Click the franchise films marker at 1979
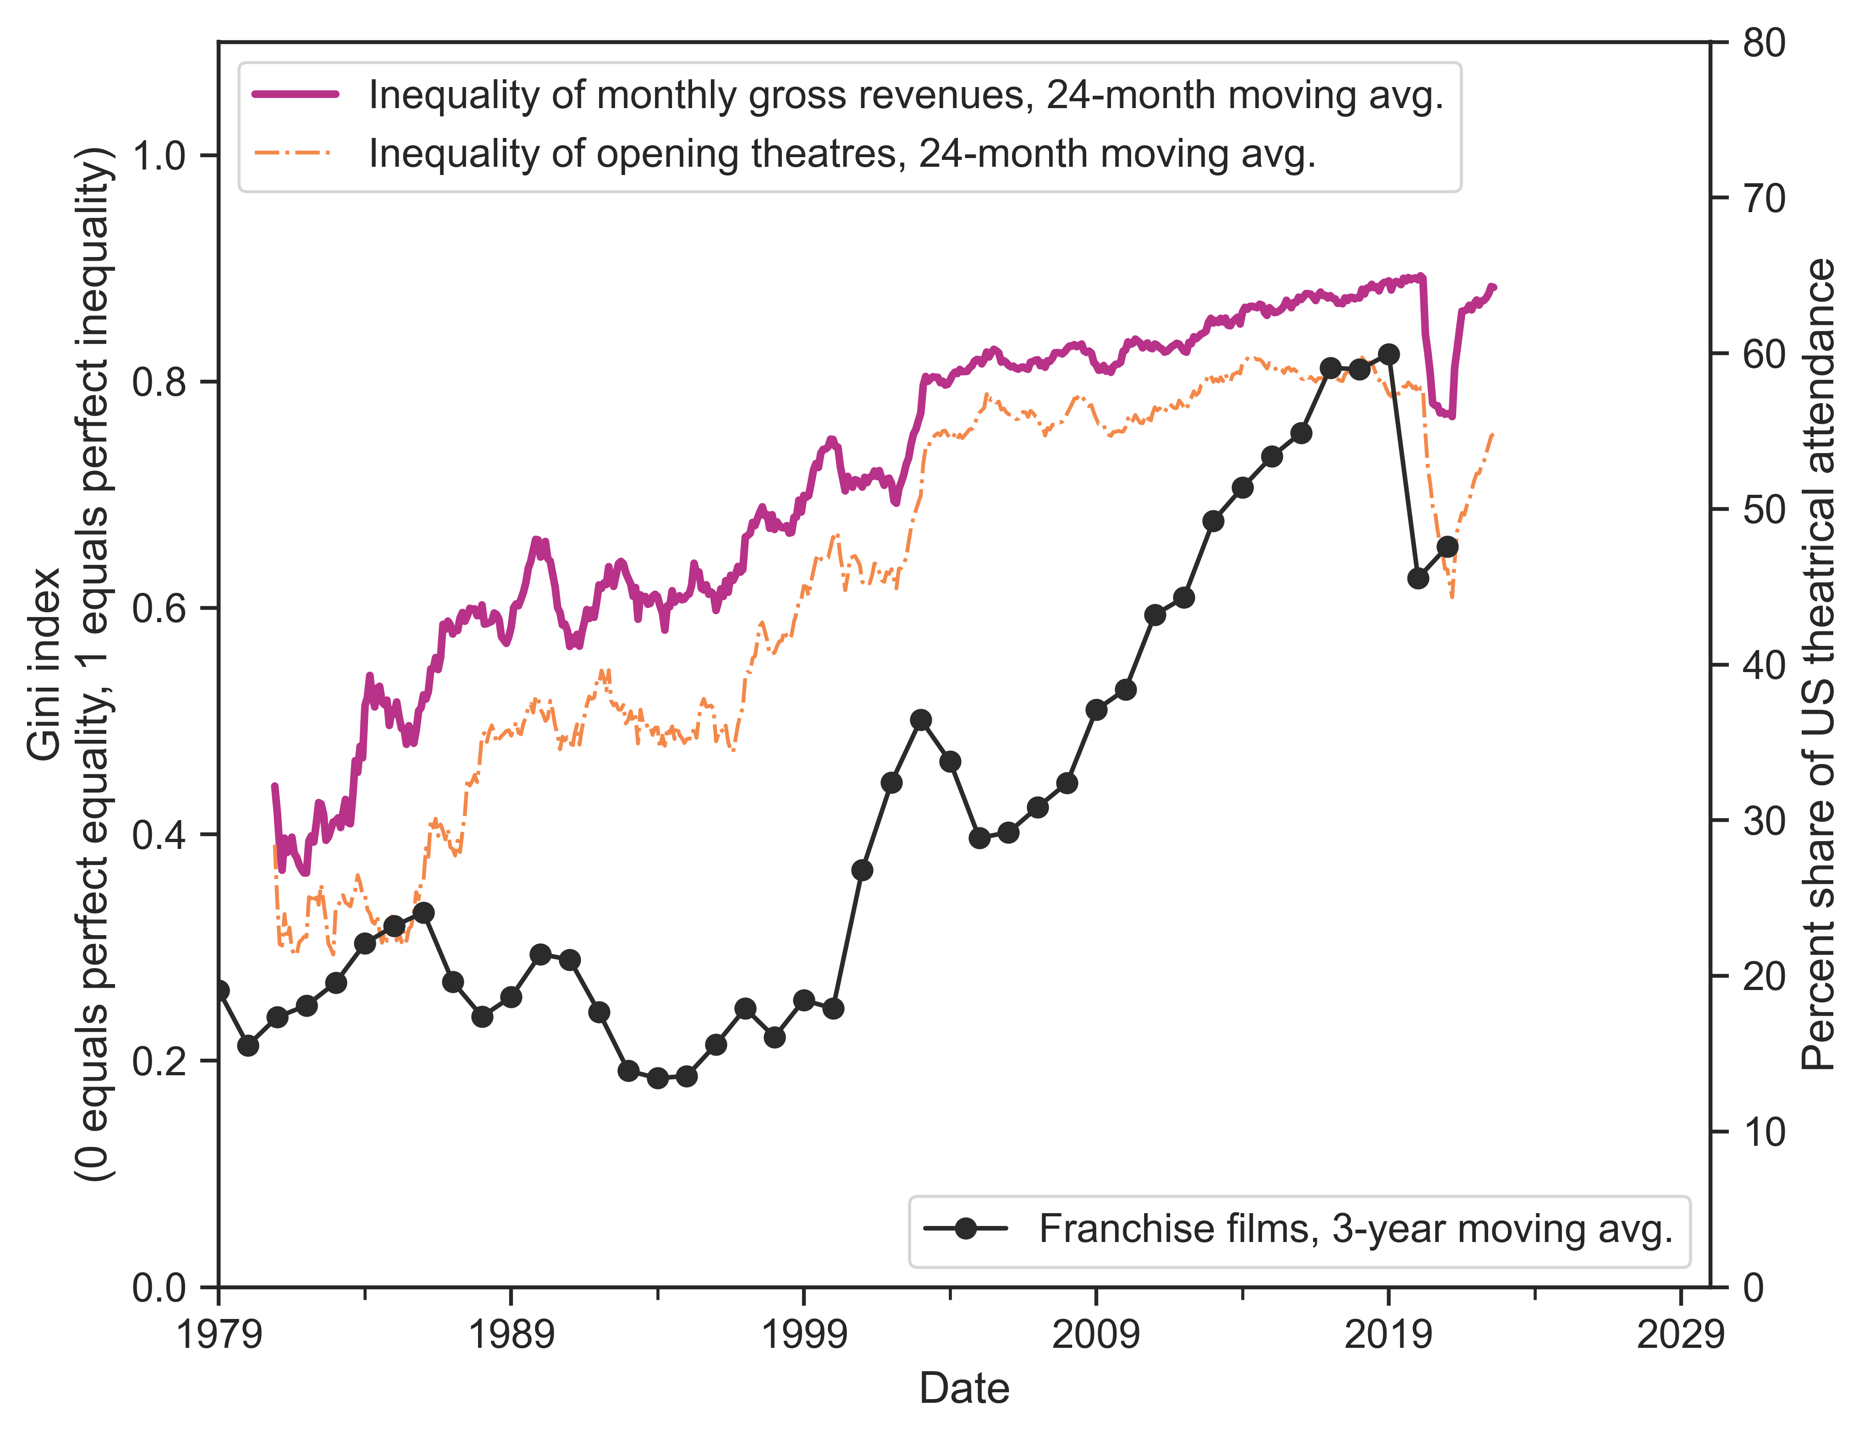coord(220,990)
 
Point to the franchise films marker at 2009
coord(1096,710)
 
